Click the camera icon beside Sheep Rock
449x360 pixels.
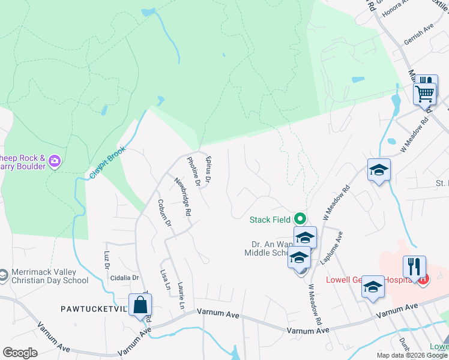pyautogui.click(x=55, y=161)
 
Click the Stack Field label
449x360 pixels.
pyautogui.click(x=270, y=220)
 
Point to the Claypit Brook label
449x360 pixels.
pyautogui.click(x=107, y=162)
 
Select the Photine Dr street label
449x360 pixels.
pyautogui.click(x=193, y=172)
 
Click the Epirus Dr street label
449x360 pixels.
pyautogui.click(x=208, y=170)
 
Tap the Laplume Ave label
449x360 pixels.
pyautogui.click(x=339, y=249)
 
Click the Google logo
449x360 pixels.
pyautogui.click(x=20, y=353)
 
